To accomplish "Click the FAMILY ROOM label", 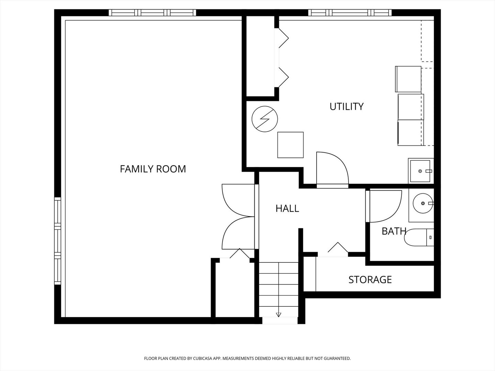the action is point(153,169).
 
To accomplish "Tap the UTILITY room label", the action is point(346,106).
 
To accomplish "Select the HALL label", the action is point(287,209).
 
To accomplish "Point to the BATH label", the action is point(394,231).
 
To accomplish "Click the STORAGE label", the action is point(370,280).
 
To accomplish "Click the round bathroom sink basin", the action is point(423,203).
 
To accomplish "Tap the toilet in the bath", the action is point(419,237).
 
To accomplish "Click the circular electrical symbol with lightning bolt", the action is point(265,119).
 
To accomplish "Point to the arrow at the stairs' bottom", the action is point(279,315).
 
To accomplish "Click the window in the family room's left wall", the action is point(58,241).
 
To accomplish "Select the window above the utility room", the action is point(350,13).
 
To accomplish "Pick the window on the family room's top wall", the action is point(152,13).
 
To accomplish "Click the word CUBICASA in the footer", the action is point(202,358).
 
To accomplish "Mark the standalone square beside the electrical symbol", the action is point(290,145).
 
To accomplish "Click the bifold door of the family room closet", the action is point(240,254).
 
